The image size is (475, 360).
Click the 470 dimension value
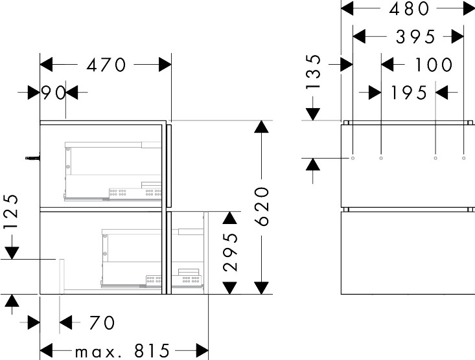click(106, 65)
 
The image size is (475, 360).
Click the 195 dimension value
click(409, 93)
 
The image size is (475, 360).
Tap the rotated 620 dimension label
click(261, 207)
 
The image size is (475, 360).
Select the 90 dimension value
click(54, 93)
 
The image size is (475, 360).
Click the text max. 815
click(122, 352)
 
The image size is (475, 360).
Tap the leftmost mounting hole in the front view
click(353, 157)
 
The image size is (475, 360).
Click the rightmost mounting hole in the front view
click(463, 157)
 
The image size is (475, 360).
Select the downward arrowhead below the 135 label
click(313, 113)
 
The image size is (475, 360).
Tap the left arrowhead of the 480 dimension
click(348, 8)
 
